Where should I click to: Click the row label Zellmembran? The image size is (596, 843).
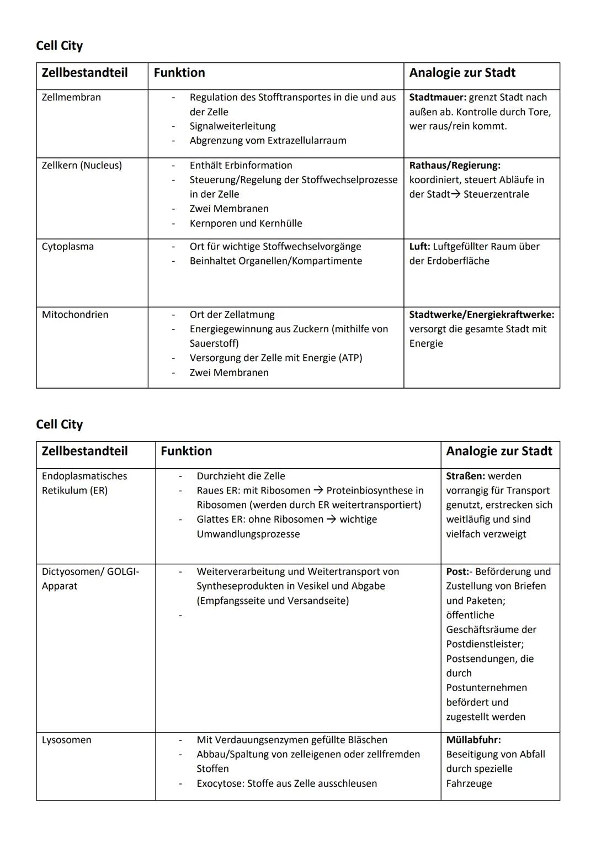point(71,97)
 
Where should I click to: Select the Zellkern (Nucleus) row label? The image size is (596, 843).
point(82,165)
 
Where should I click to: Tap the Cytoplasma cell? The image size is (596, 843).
point(68,246)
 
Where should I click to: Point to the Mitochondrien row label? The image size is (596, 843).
point(75,315)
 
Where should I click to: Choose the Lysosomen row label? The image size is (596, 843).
point(67,740)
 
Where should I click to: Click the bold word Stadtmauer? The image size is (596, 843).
point(438,97)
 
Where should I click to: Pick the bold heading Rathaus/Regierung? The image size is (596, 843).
point(455,165)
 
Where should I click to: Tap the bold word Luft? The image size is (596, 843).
point(419,246)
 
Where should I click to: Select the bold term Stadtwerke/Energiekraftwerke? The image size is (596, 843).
point(481,315)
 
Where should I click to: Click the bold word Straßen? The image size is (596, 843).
point(465,476)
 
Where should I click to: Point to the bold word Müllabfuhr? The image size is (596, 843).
point(473,740)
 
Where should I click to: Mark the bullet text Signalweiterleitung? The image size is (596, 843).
point(232,126)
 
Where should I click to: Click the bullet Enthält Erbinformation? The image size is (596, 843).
point(241,165)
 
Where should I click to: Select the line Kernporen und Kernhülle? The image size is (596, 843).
point(246,224)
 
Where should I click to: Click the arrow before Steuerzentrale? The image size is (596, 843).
point(455,194)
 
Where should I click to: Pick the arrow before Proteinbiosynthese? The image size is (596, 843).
point(318,490)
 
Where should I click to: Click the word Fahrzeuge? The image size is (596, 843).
point(469,783)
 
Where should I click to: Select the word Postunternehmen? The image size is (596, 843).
point(486,688)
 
